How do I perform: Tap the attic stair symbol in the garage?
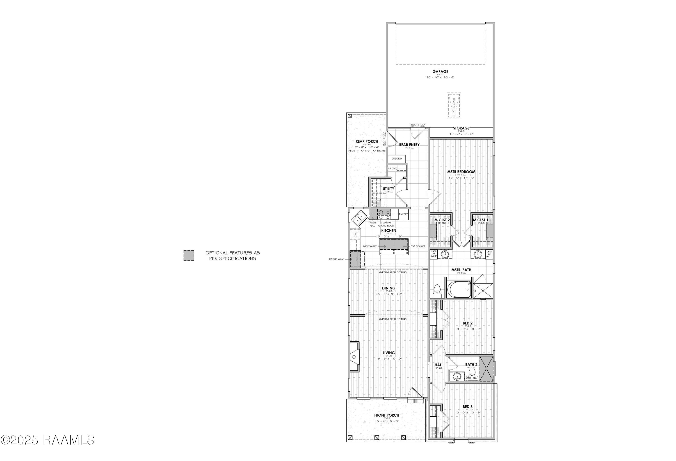(454, 106)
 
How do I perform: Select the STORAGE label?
(461, 128)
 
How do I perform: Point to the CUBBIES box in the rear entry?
(396, 159)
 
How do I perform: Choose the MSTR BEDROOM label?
(461, 172)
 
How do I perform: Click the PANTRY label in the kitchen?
(403, 214)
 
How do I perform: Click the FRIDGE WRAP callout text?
(337, 259)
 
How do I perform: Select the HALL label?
(439, 365)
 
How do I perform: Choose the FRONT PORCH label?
(387, 415)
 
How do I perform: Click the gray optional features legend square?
(188, 255)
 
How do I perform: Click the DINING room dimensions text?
(389, 294)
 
